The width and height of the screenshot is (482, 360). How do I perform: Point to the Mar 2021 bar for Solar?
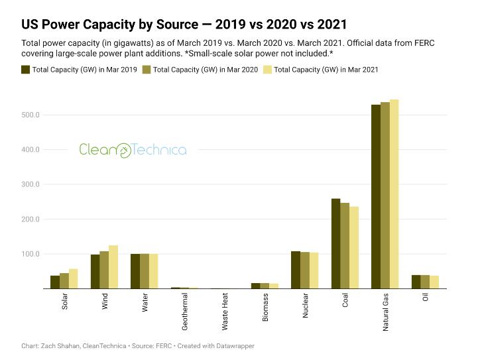coord(73,278)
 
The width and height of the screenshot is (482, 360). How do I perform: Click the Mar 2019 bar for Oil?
coord(416,282)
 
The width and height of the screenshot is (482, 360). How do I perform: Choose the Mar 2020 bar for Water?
coord(145,271)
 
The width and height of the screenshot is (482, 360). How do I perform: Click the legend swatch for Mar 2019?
coord(26,69)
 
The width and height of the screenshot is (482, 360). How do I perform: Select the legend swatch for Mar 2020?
coord(146,69)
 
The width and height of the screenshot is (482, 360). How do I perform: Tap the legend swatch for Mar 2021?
coord(267,69)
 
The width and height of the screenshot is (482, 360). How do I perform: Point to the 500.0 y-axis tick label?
coord(31,115)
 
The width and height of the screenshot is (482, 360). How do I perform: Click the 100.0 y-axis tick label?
coord(31,254)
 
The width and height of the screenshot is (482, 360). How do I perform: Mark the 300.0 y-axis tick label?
coord(31,185)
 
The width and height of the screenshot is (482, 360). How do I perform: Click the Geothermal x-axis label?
coord(185,312)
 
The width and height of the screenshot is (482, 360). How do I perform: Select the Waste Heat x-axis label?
coord(225,312)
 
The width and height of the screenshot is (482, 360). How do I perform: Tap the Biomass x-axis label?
coord(265,308)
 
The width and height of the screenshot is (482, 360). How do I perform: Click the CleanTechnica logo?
coord(133,150)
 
